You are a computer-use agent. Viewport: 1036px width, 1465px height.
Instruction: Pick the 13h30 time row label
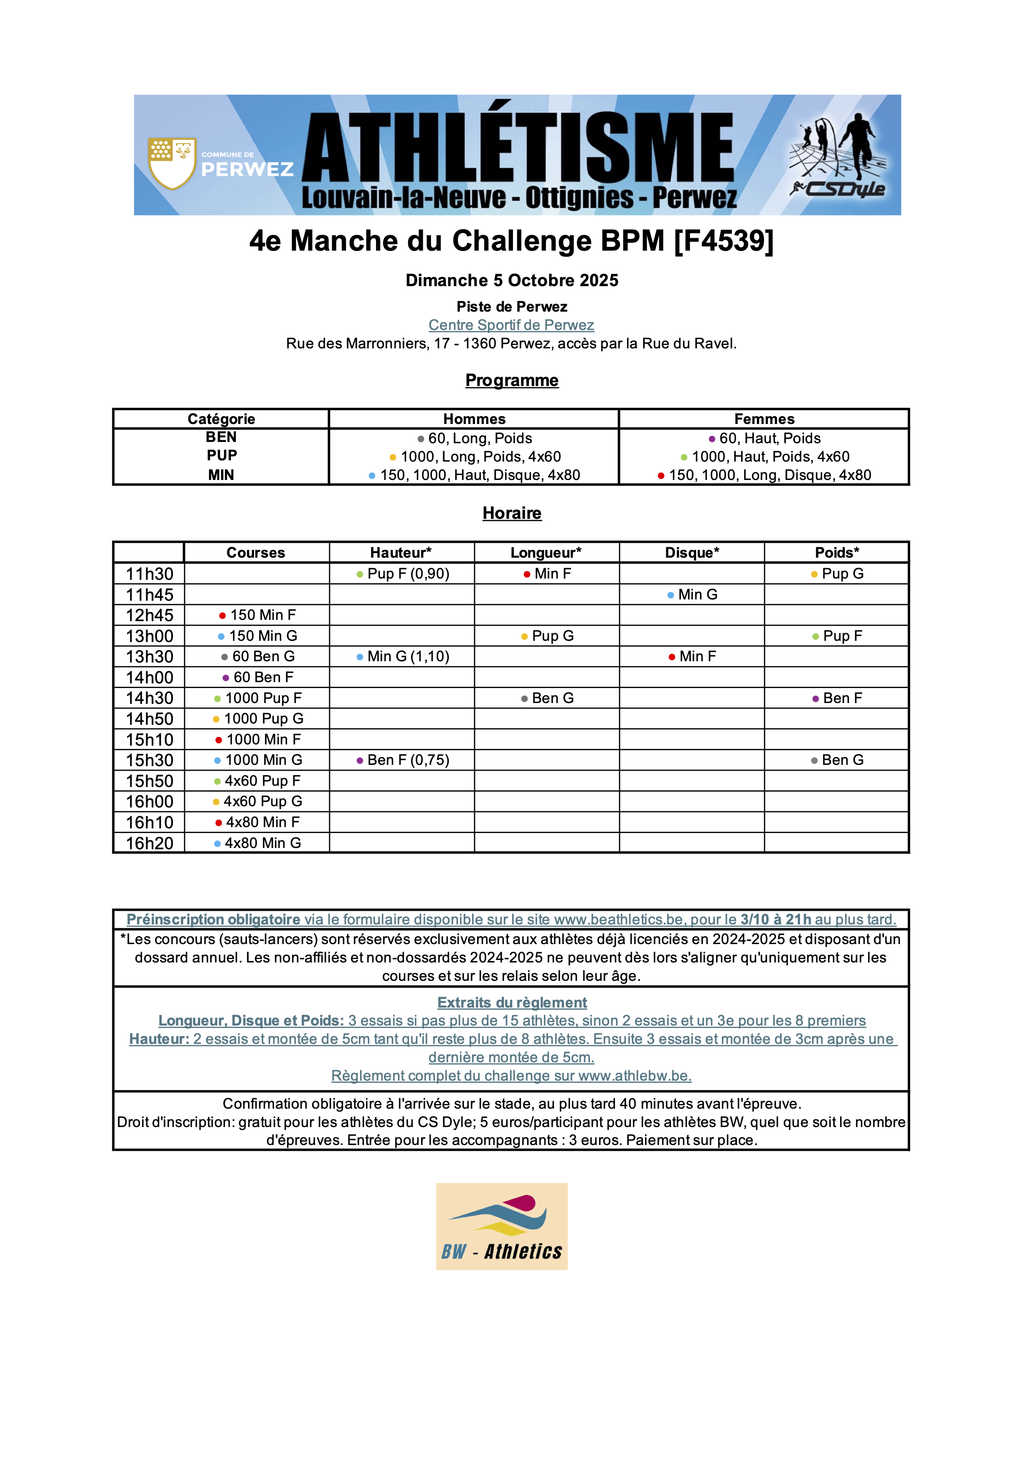[149, 657]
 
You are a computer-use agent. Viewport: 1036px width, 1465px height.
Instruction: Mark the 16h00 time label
[149, 801]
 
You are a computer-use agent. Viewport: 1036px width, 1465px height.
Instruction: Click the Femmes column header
[764, 419]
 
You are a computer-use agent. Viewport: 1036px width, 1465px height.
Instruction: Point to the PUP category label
[221, 456]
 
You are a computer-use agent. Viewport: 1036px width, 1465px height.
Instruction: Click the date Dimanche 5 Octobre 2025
[512, 280]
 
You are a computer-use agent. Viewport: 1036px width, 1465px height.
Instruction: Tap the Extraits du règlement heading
[512, 1003]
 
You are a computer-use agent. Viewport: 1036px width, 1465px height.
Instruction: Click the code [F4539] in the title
[724, 241]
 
